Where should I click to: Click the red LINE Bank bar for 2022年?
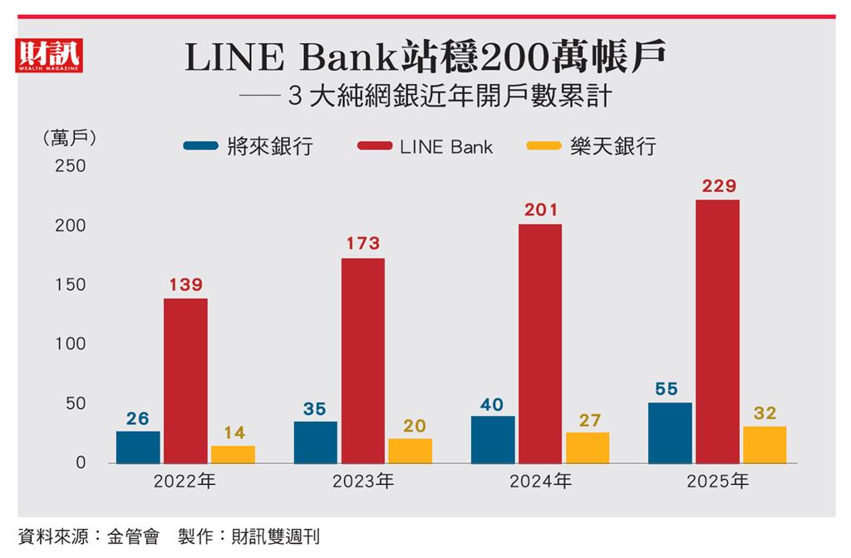pyautogui.click(x=185, y=380)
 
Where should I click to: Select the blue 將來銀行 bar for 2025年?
pyautogui.click(x=670, y=432)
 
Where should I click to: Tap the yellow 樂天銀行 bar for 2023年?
pyautogui.click(x=411, y=451)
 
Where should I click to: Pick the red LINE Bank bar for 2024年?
pyautogui.click(x=540, y=343)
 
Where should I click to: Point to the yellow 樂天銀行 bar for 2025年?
pyautogui.click(x=765, y=444)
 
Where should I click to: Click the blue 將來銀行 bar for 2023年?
pyautogui.click(x=316, y=442)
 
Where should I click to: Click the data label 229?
pyautogui.click(x=718, y=186)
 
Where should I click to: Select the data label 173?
pyautogui.click(x=362, y=244)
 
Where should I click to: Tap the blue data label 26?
pyautogui.click(x=138, y=418)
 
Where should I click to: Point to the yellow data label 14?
pyautogui.click(x=233, y=432)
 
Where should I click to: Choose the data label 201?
pyautogui.click(x=540, y=210)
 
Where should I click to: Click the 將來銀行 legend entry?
pyautogui.click(x=249, y=147)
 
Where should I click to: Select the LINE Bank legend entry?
pyautogui.click(x=425, y=147)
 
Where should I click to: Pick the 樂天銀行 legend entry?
pyautogui.click(x=593, y=147)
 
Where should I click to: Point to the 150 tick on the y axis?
pyautogui.click(x=71, y=285)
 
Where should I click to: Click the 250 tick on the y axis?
pyautogui.click(x=71, y=166)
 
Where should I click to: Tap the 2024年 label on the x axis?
pyautogui.click(x=540, y=481)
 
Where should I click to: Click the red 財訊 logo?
pyautogui.click(x=48, y=55)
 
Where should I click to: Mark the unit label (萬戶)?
pyautogui.click(x=68, y=138)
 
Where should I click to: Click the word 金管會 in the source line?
pyautogui.click(x=132, y=536)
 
